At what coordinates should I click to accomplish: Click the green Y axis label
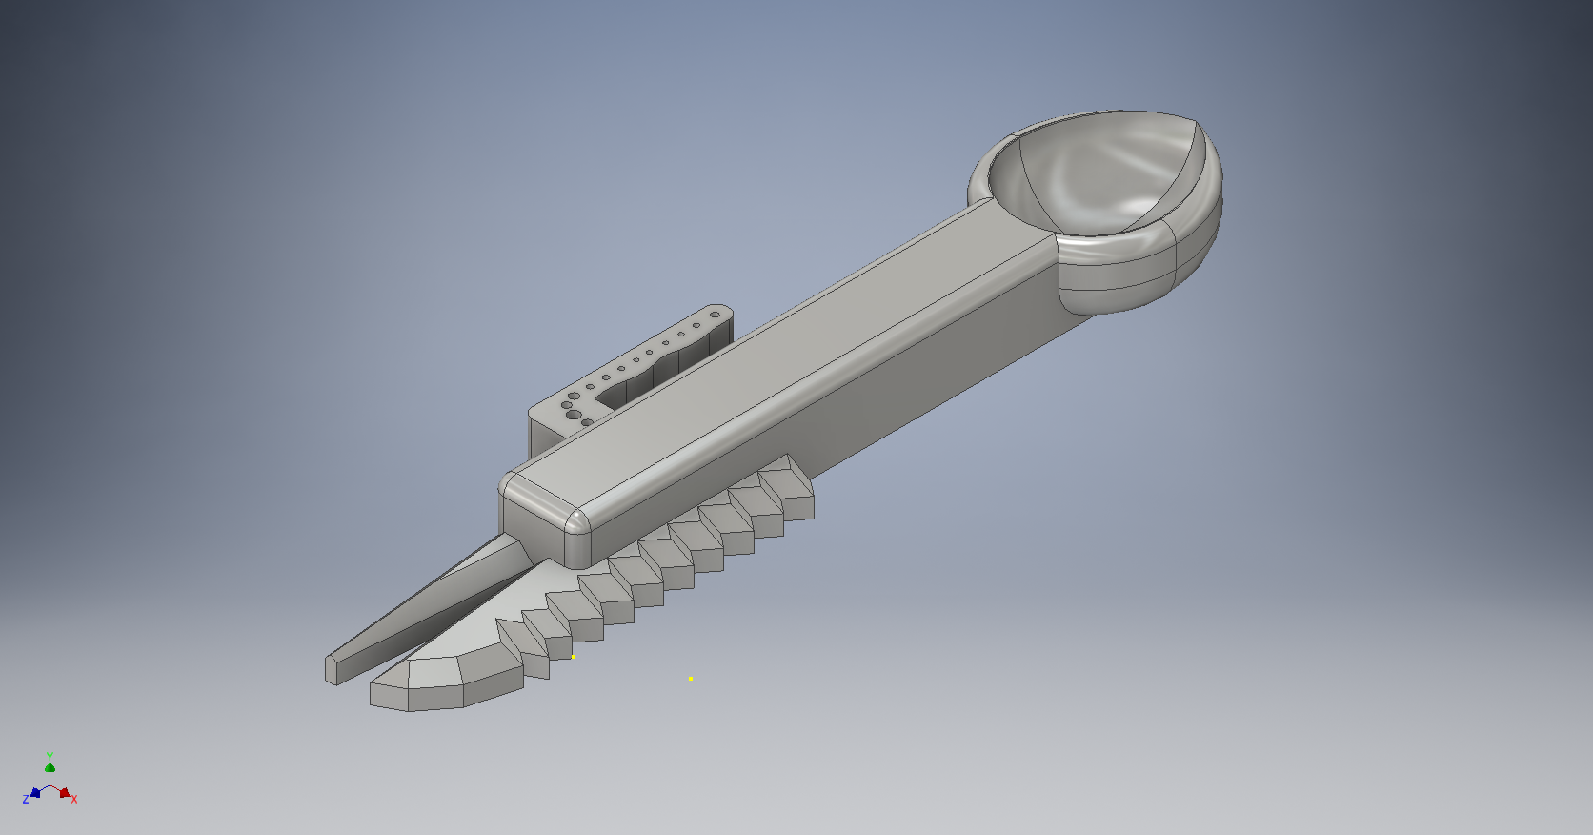click(x=50, y=756)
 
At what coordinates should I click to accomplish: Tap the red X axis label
click(x=74, y=800)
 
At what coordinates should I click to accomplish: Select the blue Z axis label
click(x=26, y=800)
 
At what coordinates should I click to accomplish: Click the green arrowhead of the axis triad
click(x=50, y=767)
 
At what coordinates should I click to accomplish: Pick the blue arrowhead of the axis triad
click(x=35, y=792)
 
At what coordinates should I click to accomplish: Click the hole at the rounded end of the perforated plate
click(x=715, y=315)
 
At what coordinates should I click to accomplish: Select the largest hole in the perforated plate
click(x=573, y=415)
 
